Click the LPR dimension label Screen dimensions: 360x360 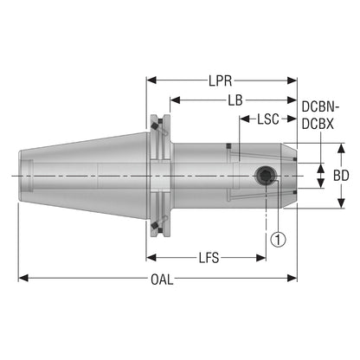click(221, 81)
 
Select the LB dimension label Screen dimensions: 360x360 click(235, 100)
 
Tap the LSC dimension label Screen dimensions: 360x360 click(268, 119)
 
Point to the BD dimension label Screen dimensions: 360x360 click(341, 176)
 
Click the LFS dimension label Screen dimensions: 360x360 click(209, 258)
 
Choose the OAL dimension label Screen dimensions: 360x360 click(162, 280)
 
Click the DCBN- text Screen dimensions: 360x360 click(320, 107)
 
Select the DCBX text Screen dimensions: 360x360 click(318, 124)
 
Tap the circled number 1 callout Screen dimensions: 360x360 click(278, 239)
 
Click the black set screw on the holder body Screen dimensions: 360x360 click(265, 176)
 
